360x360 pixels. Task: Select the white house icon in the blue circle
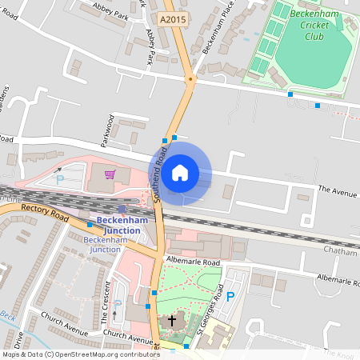[x=180, y=172]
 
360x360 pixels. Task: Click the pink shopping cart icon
[x=110, y=174]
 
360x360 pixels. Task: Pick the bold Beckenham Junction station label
[x=118, y=226]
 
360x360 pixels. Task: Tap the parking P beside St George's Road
[x=230, y=297]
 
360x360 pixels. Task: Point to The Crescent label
[x=105, y=302]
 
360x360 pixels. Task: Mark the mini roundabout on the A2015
[x=190, y=78]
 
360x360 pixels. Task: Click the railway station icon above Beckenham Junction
[x=122, y=209]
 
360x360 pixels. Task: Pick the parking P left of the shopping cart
[x=59, y=178]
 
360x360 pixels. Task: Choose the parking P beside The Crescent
[x=118, y=304]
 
